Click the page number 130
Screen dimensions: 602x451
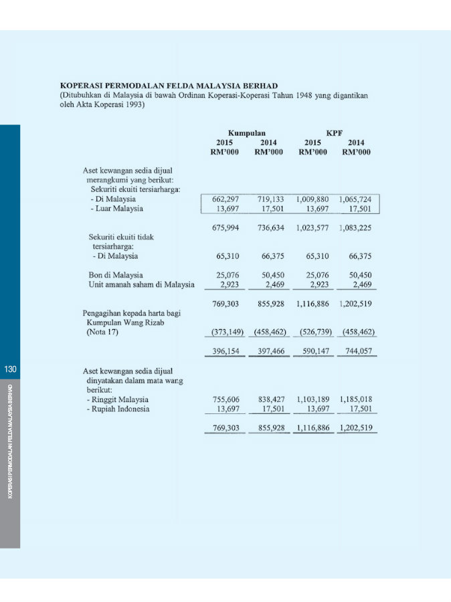10,369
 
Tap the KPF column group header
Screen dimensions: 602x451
335,133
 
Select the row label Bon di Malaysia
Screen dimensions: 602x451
116,275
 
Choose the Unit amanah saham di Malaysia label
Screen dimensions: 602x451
141,284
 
